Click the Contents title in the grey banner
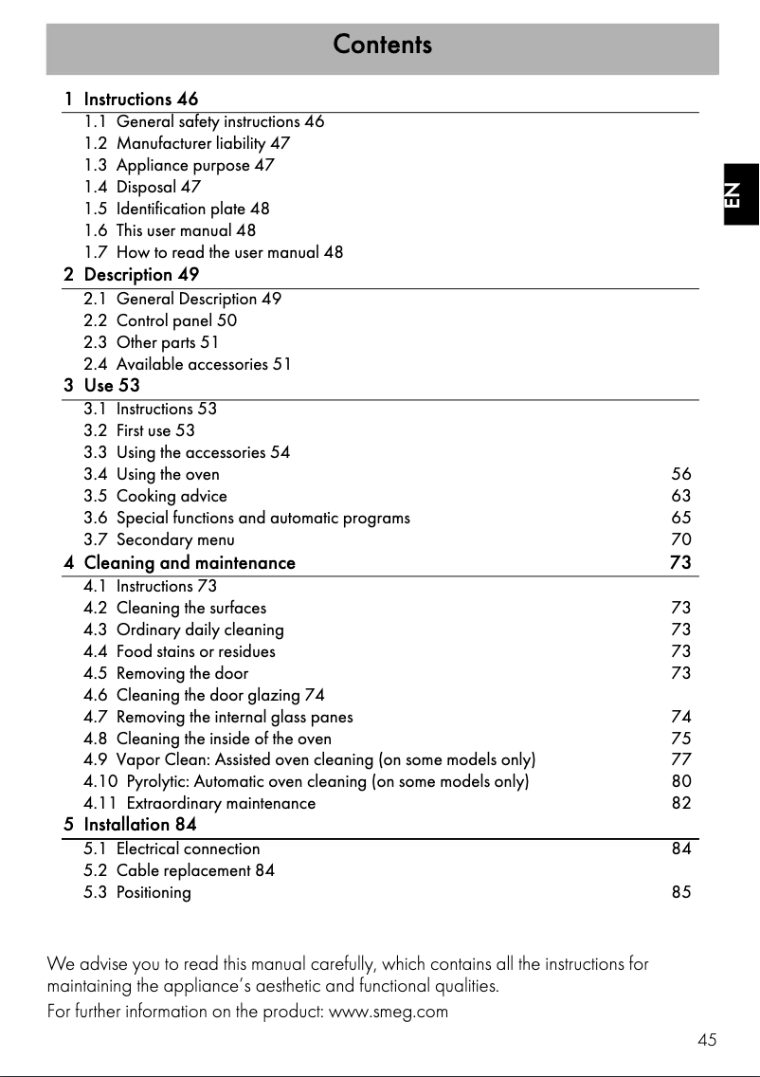coord(382,45)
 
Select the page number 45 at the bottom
coord(706,1040)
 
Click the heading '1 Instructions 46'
coord(132,99)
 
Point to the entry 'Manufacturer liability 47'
coord(203,143)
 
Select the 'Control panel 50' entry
coord(176,320)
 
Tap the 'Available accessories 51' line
coord(203,364)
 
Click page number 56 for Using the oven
coord(680,474)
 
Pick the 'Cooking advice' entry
coord(172,496)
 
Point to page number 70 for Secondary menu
coord(680,540)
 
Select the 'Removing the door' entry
coord(182,673)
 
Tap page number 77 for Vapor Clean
coord(680,759)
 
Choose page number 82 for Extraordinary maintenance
coord(680,803)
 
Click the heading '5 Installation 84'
coord(131,825)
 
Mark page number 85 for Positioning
coord(680,892)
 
